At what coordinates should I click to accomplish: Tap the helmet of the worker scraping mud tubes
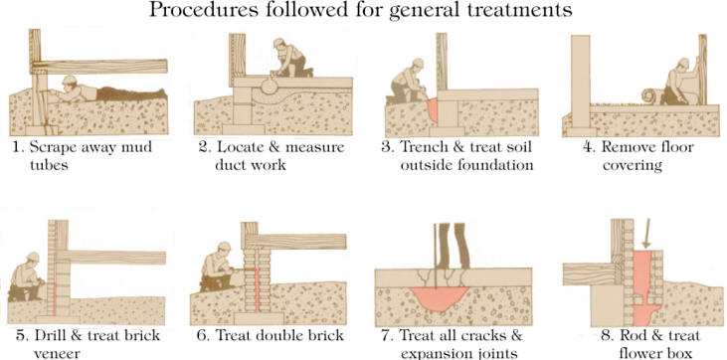[x=69, y=80]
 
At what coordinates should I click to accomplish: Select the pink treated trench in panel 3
[x=432, y=109]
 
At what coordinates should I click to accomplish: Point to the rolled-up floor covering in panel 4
[x=651, y=96]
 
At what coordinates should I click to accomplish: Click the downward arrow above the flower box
[x=646, y=234]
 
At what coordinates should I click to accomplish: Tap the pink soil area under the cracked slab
[x=439, y=298]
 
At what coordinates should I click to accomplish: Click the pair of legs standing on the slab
[x=452, y=246]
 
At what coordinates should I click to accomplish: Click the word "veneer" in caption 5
[x=56, y=353]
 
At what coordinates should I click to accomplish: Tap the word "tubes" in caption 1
[x=49, y=165]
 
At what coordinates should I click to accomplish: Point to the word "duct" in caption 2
[x=231, y=165]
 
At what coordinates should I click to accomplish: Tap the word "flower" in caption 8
[x=640, y=353]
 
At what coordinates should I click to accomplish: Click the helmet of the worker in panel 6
[x=225, y=247]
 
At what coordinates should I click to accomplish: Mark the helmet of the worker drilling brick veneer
[x=33, y=257]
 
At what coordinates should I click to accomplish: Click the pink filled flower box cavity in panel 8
[x=643, y=287]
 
